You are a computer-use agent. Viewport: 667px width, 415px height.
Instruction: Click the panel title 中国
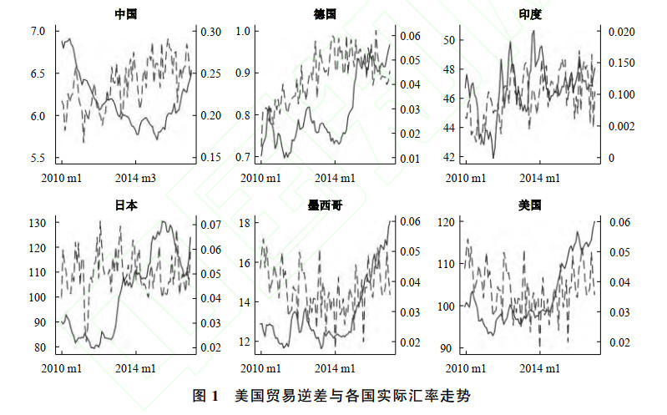[x=125, y=13]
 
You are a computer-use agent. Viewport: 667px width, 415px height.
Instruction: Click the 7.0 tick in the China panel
[x=38, y=32]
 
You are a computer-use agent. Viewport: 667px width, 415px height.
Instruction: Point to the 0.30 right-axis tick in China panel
[x=212, y=32]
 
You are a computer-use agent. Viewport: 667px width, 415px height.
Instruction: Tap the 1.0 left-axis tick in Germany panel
[x=241, y=32]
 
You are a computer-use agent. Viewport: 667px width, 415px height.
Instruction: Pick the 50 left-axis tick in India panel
[x=448, y=40]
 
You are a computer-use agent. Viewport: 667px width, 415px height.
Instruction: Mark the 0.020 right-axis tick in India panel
[x=615, y=32]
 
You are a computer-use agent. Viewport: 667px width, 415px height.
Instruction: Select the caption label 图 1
[x=205, y=395]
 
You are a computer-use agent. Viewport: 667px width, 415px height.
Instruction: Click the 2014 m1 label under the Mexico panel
[x=333, y=367]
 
